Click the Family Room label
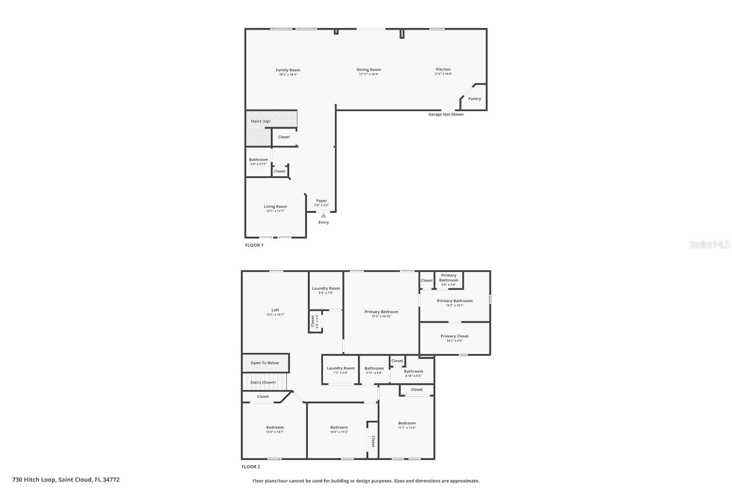point(288,70)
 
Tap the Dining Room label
point(369,70)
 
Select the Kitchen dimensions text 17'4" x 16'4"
point(443,74)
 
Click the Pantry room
point(474,98)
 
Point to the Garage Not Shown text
point(446,114)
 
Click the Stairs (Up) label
point(260,121)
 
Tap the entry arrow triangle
point(323,216)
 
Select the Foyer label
point(321,201)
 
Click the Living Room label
point(275,206)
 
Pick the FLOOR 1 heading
point(254,245)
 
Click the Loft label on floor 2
point(275,310)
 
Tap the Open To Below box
point(265,363)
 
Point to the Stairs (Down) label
point(263,382)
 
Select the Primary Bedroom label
point(381,312)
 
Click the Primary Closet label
point(454,336)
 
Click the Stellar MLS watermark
point(709,244)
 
